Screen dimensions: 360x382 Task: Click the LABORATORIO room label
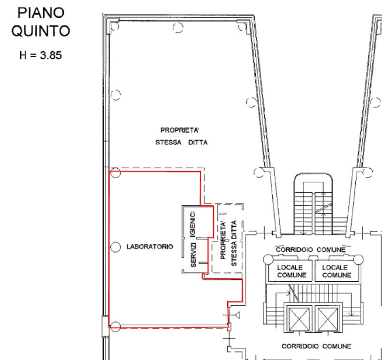click(149, 246)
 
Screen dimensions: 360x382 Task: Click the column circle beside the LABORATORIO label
click(115, 246)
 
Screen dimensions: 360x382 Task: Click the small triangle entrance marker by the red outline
click(237, 314)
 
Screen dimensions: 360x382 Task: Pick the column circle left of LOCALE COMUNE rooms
click(268, 258)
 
